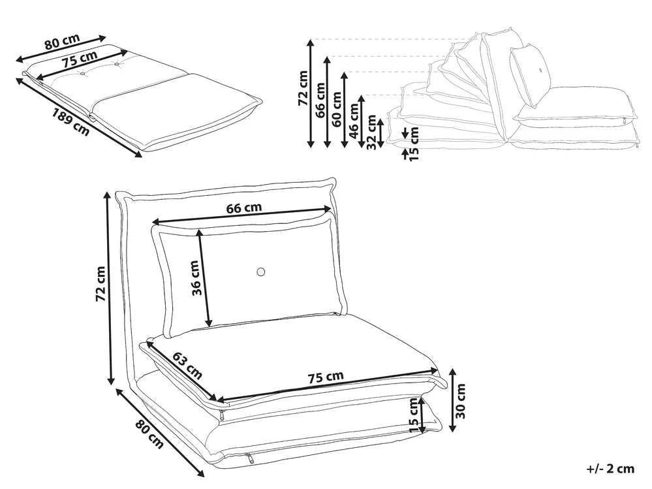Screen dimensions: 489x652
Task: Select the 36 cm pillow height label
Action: tap(195, 278)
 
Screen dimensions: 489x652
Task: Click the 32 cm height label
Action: tap(371, 132)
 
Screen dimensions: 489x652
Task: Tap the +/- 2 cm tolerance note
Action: tap(610, 468)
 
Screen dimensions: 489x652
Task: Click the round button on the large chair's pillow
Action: tap(261, 272)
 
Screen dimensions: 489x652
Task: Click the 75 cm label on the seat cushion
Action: tap(325, 377)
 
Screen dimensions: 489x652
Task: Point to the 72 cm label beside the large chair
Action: tap(100, 284)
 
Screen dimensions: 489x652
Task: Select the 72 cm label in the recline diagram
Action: tap(302, 88)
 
